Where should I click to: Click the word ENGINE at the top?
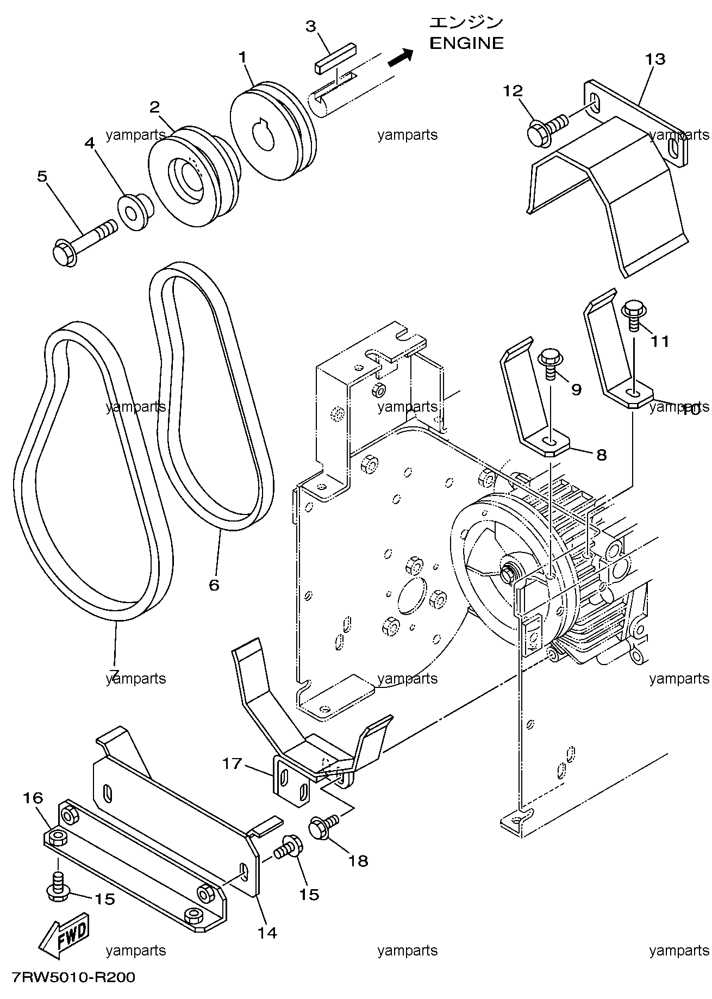coord(466,43)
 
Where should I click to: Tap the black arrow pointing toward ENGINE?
coord(401,57)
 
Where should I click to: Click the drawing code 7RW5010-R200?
coord(72,977)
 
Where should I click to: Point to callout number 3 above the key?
coord(311,26)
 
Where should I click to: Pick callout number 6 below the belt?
coord(214,585)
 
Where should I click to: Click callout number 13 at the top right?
coord(655,59)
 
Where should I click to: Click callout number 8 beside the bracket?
coord(601,454)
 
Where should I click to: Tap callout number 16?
coord(33,798)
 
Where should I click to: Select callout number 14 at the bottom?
coord(267,933)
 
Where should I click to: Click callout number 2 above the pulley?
coord(155,107)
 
